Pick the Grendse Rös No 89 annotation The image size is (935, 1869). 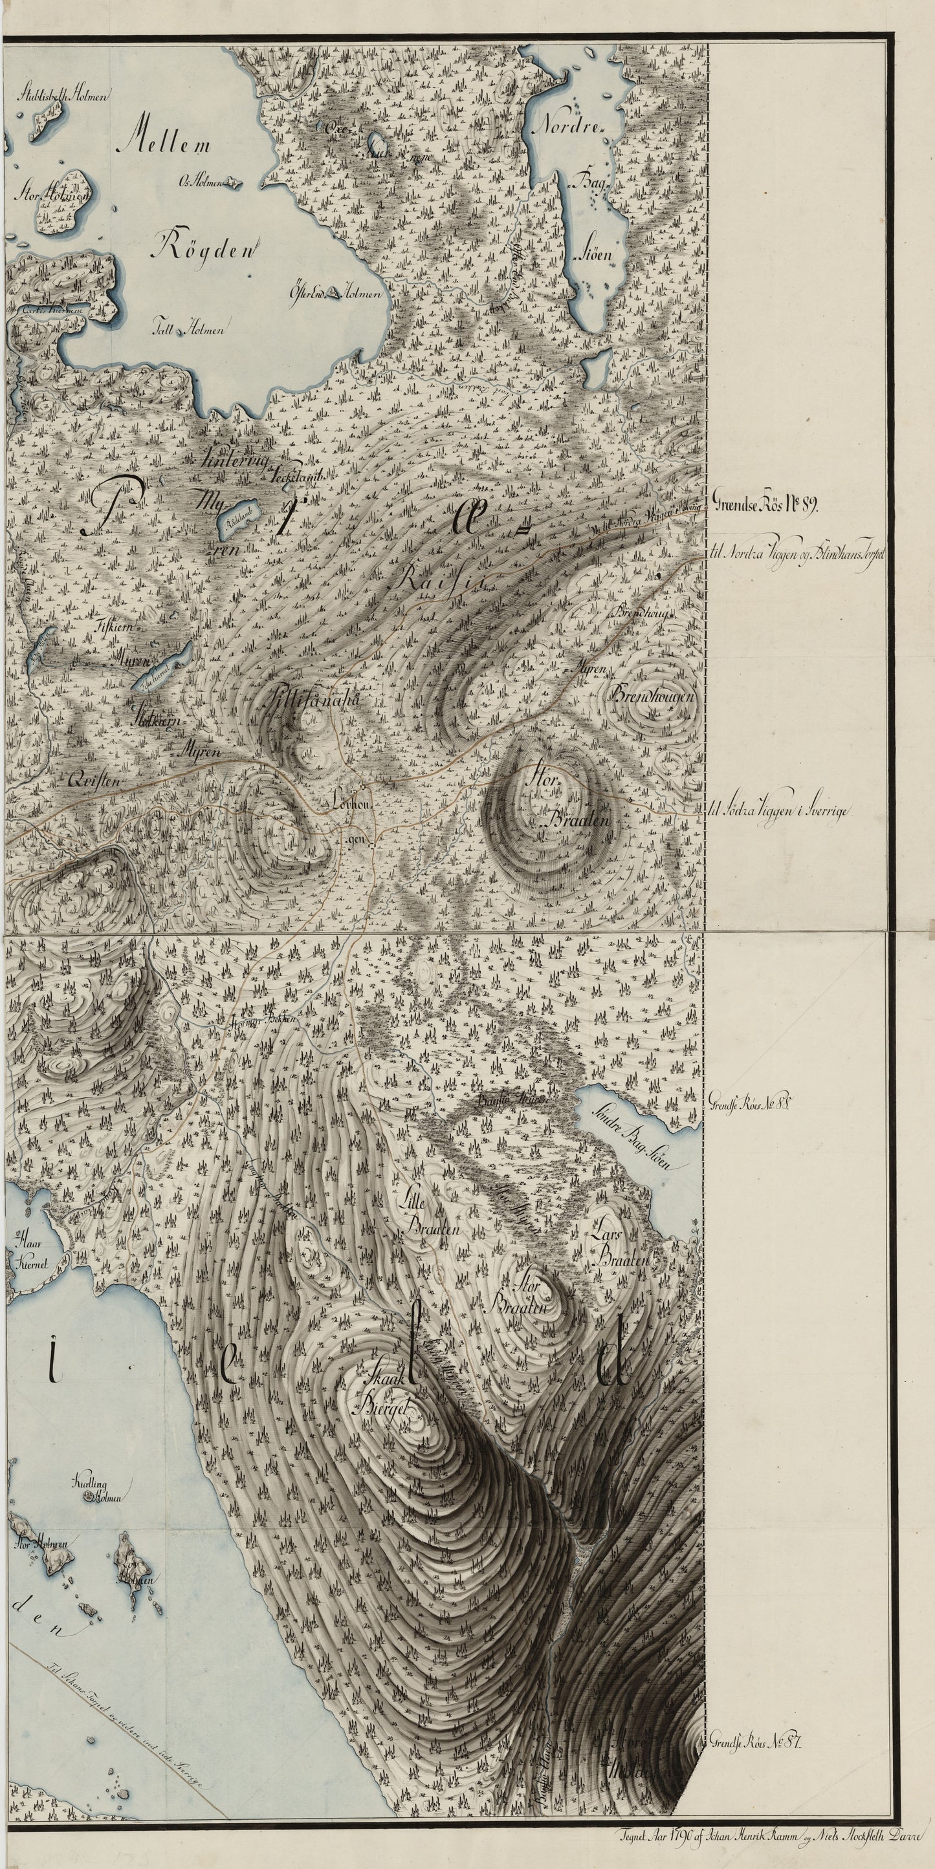coord(766,508)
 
